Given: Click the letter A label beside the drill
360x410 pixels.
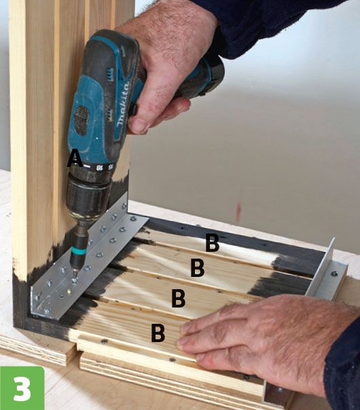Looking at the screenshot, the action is [x=75, y=158].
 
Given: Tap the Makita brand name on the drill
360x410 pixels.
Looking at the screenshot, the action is [x=123, y=104].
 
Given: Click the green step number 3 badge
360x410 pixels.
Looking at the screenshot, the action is [x=22, y=388].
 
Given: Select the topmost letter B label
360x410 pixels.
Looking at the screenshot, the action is [x=212, y=242].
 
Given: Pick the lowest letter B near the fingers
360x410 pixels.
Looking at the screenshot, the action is [x=158, y=333].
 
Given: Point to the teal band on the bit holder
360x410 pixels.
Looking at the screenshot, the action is [x=79, y=252].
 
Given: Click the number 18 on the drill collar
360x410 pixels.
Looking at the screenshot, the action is [x=99, y=168].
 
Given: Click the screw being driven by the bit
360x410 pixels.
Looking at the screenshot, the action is [x=75, y=280].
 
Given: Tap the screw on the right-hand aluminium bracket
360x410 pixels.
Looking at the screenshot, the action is [x=334, y=274].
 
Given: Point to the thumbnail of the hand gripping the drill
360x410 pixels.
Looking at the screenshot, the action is [x=138, y=126].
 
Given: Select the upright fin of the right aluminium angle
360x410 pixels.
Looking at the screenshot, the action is [x=321, y=269].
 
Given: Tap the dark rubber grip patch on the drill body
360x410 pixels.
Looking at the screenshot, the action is [x=82, y=121].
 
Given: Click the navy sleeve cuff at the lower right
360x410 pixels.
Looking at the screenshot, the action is [x=342, y=366].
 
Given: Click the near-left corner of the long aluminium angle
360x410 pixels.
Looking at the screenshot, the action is [x=31, y=314].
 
